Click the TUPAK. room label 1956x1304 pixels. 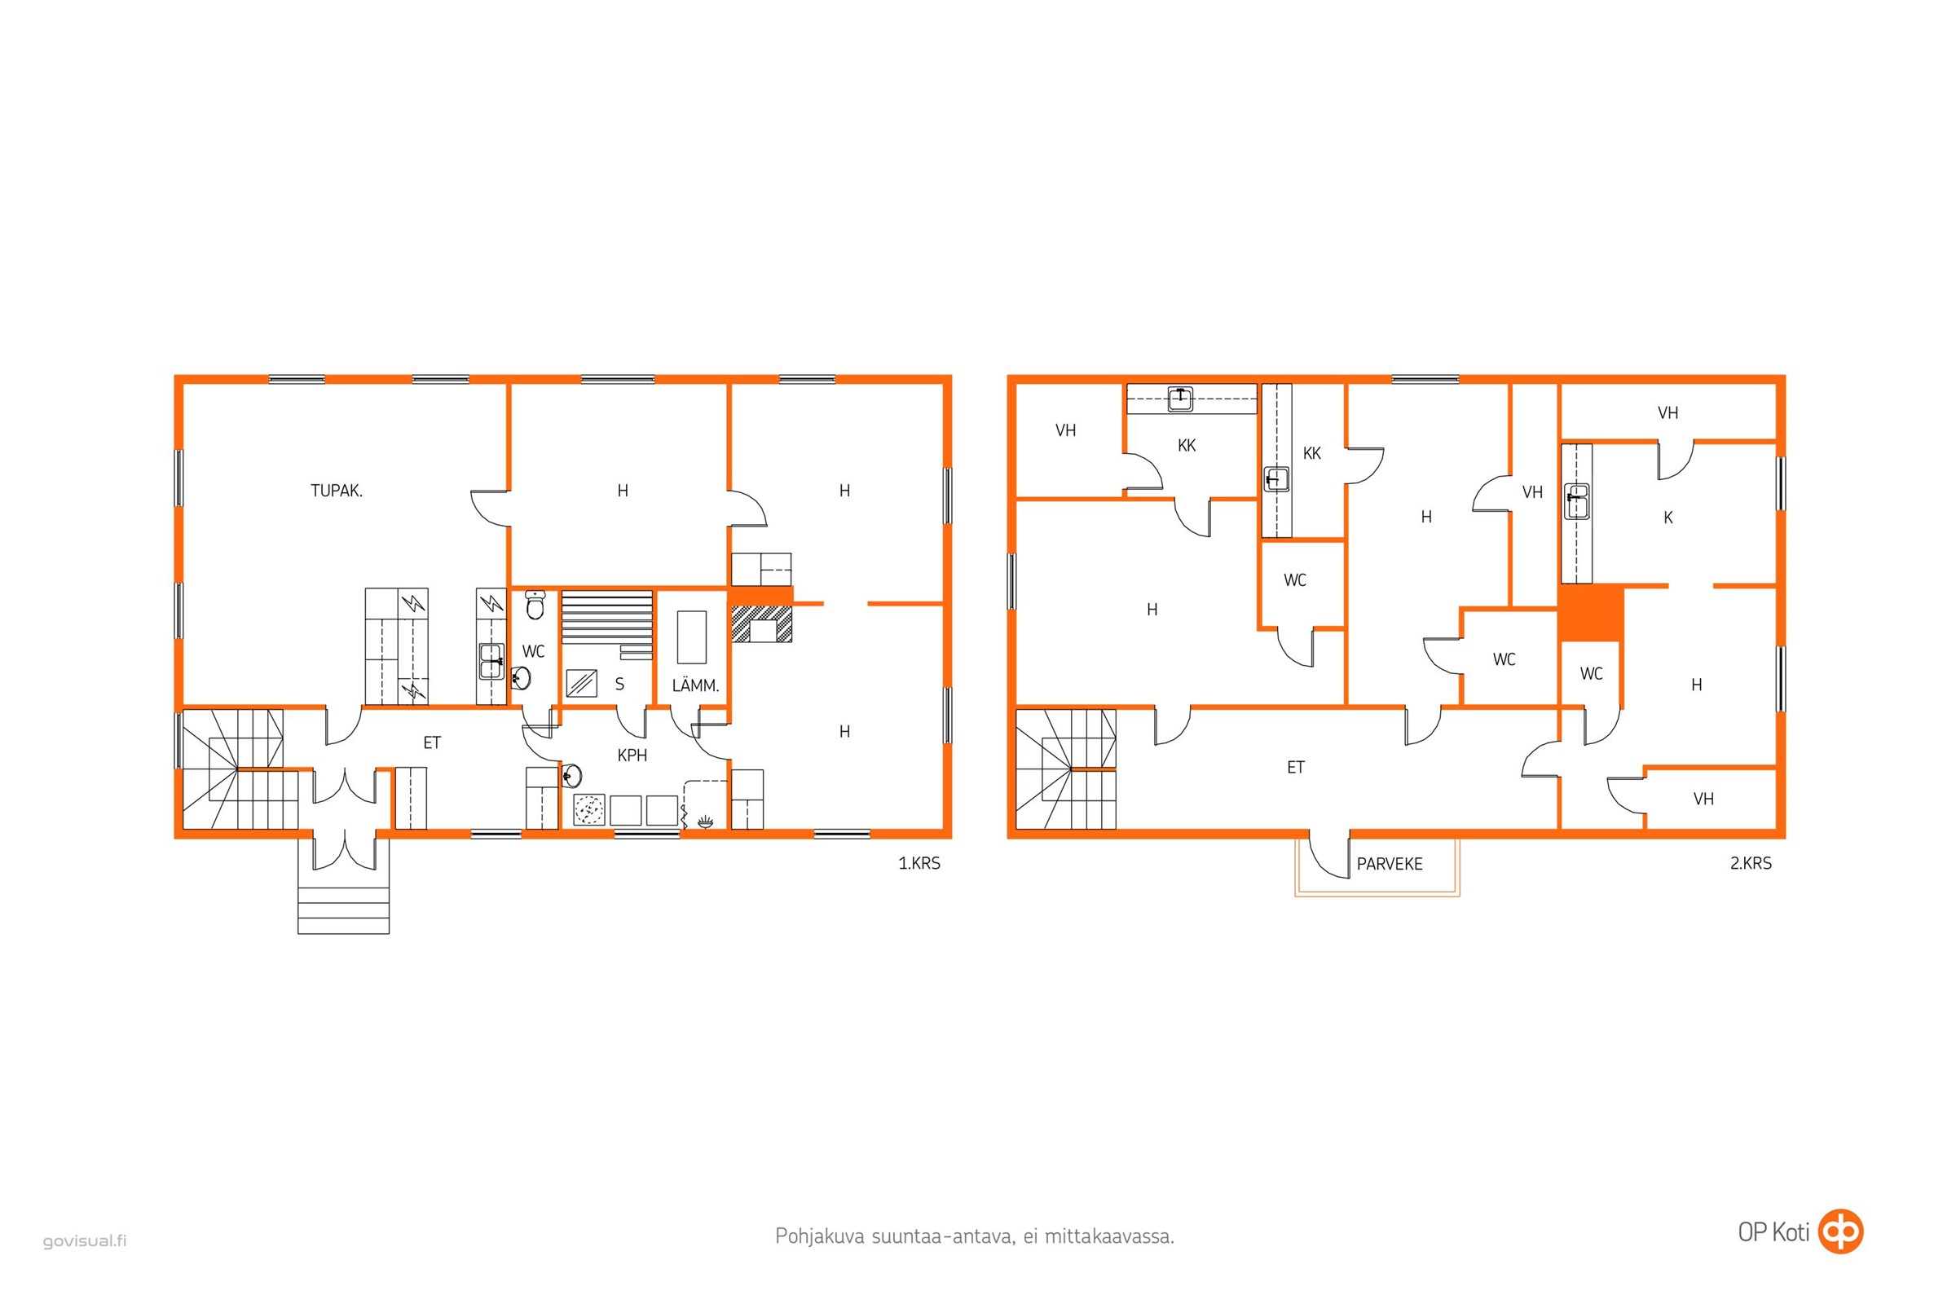pos(336,491)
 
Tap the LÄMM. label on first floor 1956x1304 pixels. pos(695,685)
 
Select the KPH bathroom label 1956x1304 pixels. pos(632,756)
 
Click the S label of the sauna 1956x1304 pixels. pos(619,685)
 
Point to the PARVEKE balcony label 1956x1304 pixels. pos(1390,864)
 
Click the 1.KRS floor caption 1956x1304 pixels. pos(919,863)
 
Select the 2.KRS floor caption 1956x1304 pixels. pos(1751,863)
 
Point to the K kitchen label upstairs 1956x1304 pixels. pos(1668,518)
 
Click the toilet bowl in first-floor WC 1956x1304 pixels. pos(535,607)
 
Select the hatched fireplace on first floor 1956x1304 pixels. pos(762,623)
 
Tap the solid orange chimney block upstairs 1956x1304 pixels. pos(1591,613)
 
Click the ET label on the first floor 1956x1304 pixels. pos(432,742)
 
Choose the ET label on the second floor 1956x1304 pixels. pos(1296,767)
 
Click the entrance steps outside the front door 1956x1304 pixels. pos(343,910)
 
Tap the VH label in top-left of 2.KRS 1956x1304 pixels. pos(1065,430)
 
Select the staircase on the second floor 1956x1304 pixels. pos(1065,769)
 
